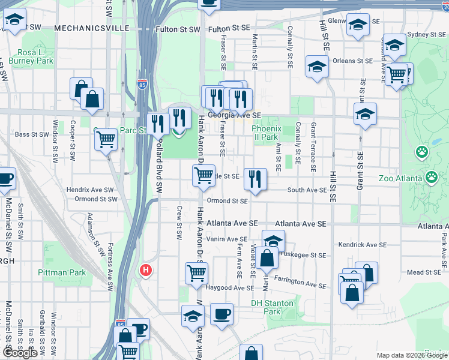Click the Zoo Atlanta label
point(402,178)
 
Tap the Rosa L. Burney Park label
point(35,56)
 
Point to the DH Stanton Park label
point(273,307)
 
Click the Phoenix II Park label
point(265,133)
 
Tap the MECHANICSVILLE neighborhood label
point(91,28)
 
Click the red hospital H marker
point(145,271)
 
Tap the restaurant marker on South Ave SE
point(256,178)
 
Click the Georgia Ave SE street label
point(235,115)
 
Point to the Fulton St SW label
point(178,29)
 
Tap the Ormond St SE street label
point(227,201)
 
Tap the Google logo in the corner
point(20,353)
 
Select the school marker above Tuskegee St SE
point(273,241)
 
